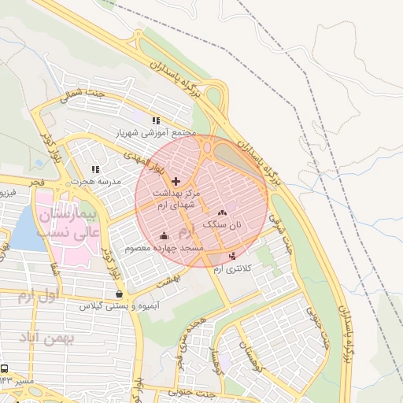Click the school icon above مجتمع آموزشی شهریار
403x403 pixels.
pos(156,120)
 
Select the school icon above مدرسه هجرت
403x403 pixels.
pos(95,168)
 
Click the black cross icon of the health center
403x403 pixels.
pos(175,181)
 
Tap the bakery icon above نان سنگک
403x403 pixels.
pos(221,212)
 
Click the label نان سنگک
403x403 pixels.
pos(223,224)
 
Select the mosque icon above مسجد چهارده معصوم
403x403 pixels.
pos(164,235)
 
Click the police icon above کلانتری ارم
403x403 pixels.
pos(231,256)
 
